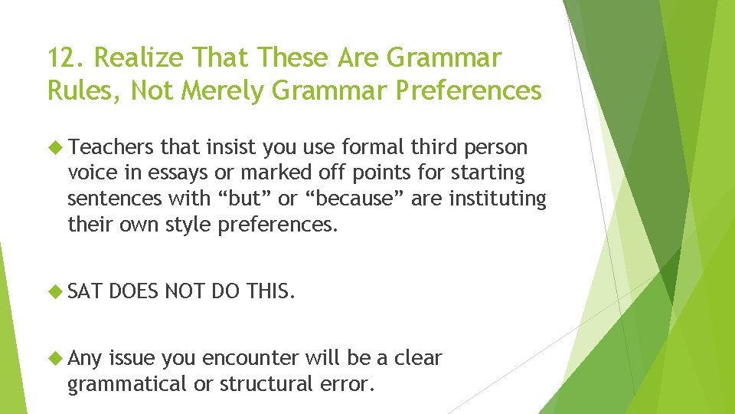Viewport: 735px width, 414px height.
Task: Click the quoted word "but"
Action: coord(247,199)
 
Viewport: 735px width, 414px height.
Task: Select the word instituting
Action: coord(497,199)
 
